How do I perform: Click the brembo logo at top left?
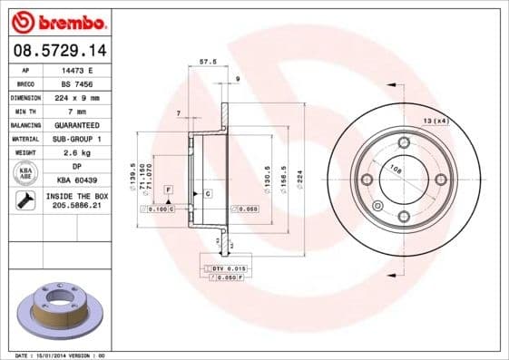tap(57, 20)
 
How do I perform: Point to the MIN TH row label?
tap(25, 111)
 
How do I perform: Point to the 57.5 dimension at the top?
tap(207, 62)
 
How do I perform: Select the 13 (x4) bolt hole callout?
tap(436, 121)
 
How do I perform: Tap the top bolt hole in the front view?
tap(404, 141)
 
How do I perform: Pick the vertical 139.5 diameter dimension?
tap(133, 173)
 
